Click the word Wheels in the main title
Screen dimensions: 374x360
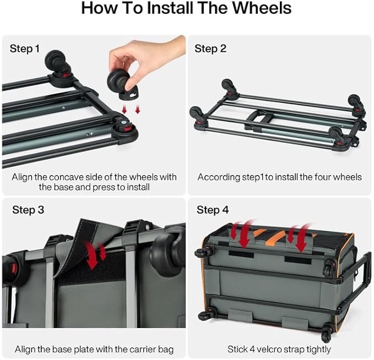(262, 8)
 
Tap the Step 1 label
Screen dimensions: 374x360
(25, 48)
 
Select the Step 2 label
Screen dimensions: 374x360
(210, 48)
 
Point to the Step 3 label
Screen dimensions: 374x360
(28, 210)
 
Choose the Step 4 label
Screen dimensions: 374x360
(213, 210)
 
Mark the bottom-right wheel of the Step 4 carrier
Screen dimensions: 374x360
(327, 332)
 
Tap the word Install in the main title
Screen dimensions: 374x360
(170, 8)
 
